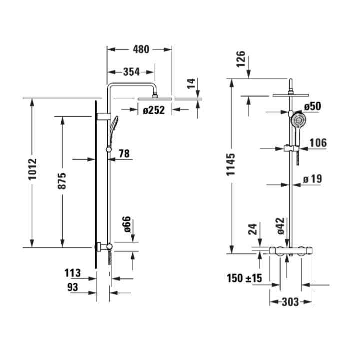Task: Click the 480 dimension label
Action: (x=141, y=49)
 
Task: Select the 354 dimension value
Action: (x=131, y=72)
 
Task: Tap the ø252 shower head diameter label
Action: (x=153, y=111)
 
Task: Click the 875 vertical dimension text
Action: (x=62, y=181)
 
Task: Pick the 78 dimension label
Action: (x=124, y=154)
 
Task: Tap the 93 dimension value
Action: (x=72, y=287)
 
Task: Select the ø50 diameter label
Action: (x=312, y=106)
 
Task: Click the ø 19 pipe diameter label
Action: (x=312, y=179)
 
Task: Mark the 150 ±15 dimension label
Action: (x=243, y=278)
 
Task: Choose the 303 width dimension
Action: (x=290, y=302)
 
